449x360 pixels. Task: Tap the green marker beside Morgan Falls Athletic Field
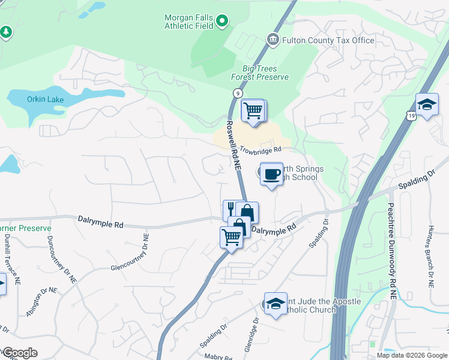click(x=222, y=22)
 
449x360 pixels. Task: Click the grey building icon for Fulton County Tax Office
click(x=273, y=40)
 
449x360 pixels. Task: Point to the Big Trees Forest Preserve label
click(x=260, y=73)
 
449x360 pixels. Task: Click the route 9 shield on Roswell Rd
click(x=238, y=94)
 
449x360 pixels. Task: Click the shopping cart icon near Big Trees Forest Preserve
click(x=253, y=110)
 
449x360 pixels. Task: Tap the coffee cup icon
click(x=271, y=173)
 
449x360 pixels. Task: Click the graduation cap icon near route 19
click(x=427, y=105)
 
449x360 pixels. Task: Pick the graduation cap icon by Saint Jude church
click(x=276, y=304)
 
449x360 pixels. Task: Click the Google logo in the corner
click(x=20, y=353)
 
